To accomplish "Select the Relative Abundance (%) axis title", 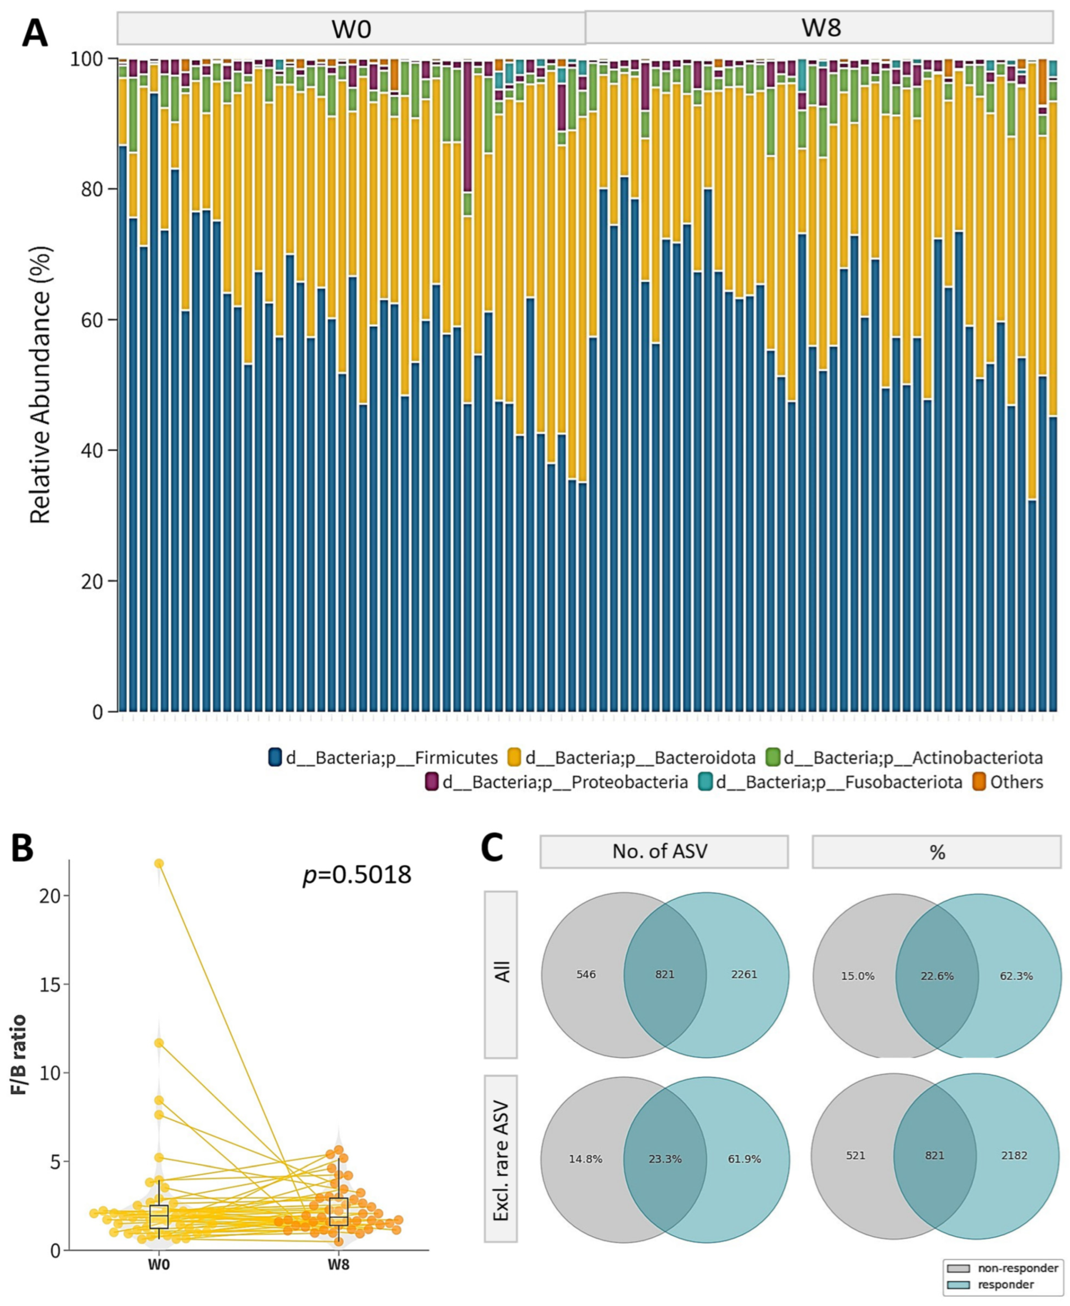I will pos(41,385).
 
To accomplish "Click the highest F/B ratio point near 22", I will pos(159,864).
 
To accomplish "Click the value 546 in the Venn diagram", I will pos(586,974).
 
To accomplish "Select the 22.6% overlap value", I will pos(937,976).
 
